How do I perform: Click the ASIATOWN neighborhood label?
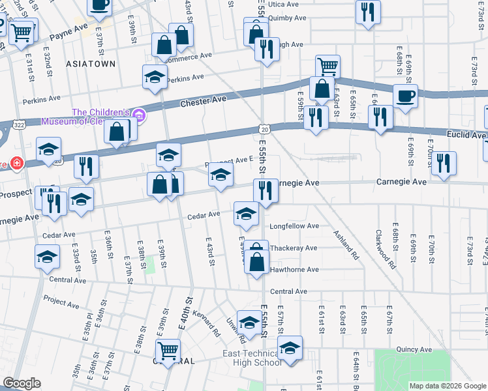pos(90,64)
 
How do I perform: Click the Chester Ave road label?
pos(203,100)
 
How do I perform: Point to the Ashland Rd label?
pos(346,245)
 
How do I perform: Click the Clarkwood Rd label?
pos(385,248)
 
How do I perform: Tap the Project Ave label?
pos(61,302)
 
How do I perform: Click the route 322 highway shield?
pos(18,124)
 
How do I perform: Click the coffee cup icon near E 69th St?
pos(405,96)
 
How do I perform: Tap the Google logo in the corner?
pos(22,383)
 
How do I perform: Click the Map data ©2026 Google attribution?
pos(448,386)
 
